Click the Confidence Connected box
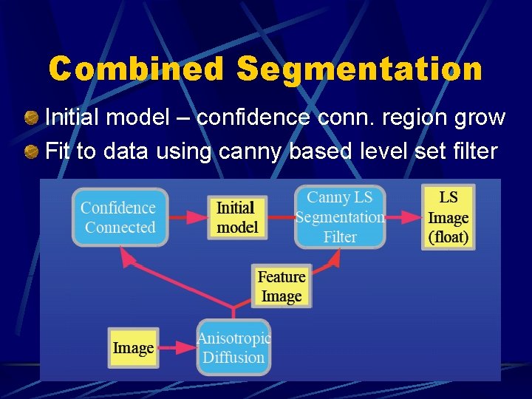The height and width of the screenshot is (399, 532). [x=120, y=217]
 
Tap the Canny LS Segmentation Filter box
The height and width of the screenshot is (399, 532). [x=340, y=217]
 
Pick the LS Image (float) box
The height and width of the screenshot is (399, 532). [x=449, y=217]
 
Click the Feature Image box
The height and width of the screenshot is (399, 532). [x=282, y=287]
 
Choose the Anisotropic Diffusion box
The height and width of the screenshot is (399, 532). [x=233, y=347]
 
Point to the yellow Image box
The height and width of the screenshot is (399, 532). [x=133, y=347]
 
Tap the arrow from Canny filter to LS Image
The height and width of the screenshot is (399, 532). [x=403, y=217]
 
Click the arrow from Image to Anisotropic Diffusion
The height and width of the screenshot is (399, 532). [x=177, y=347]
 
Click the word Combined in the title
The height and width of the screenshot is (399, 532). [x=136, y=69]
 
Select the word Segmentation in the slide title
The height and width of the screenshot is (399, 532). [x=360, y=69]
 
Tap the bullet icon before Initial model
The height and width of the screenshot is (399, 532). [x=31, y=117]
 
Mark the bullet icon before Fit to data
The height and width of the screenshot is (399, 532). [x=31, y=152]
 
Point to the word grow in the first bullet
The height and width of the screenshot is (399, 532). [x=480, y=117]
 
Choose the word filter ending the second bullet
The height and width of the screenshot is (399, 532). [x=474, y=152]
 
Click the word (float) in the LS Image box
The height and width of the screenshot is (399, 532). [x=449, y=238]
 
